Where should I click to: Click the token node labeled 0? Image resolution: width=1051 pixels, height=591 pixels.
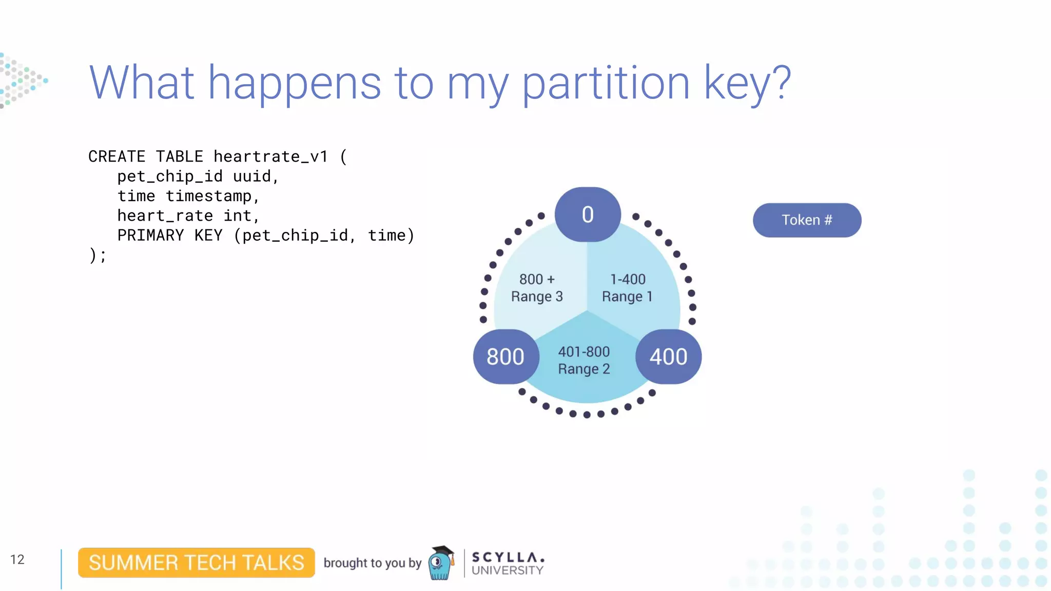588,214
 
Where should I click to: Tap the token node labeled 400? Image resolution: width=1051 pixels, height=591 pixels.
668,357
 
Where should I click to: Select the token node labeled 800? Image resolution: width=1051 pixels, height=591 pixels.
505,357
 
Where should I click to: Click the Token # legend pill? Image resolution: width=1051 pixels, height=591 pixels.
807,220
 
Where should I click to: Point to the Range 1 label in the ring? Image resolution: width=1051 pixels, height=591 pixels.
627,297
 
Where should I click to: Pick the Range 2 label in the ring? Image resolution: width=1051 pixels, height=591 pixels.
584,369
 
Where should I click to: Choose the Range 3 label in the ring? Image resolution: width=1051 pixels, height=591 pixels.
537,297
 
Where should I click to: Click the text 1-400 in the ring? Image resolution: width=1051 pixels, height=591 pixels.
628,279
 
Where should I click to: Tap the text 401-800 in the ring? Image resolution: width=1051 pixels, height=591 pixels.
584,351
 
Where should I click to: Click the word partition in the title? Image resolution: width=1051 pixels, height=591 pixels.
606,83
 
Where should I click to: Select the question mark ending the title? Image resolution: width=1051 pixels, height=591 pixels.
781,82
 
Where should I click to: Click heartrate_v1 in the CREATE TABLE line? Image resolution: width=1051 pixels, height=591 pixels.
270,156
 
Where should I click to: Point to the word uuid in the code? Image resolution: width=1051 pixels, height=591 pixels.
251,176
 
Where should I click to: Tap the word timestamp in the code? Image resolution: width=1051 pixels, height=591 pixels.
208,196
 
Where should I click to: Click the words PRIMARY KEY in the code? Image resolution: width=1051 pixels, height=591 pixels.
170,235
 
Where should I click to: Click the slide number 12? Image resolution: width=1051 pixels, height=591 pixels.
17,559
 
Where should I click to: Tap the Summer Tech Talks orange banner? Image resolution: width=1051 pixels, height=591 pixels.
196,563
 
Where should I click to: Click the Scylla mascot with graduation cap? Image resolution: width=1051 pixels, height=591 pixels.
441,563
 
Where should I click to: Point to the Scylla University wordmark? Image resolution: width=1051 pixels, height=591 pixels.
508,563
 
